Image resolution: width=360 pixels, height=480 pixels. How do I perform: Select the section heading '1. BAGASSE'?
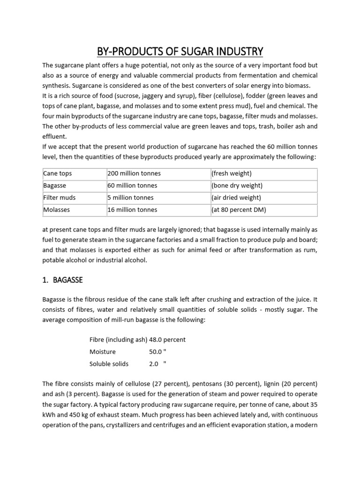click(63, 280)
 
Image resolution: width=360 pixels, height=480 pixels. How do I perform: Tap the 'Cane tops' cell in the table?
click(58, 173)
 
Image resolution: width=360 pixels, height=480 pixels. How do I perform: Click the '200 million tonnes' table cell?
click(133, 173)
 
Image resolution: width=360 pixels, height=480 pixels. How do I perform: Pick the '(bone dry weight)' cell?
click(237, 186)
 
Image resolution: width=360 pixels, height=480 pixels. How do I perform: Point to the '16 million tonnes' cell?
click(132, 210)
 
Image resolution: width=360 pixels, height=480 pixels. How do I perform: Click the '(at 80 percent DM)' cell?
click(239, 210)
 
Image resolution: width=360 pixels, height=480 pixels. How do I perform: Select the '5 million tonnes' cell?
click(130, 198)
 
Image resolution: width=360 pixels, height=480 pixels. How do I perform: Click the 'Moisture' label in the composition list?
click(103, 352)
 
